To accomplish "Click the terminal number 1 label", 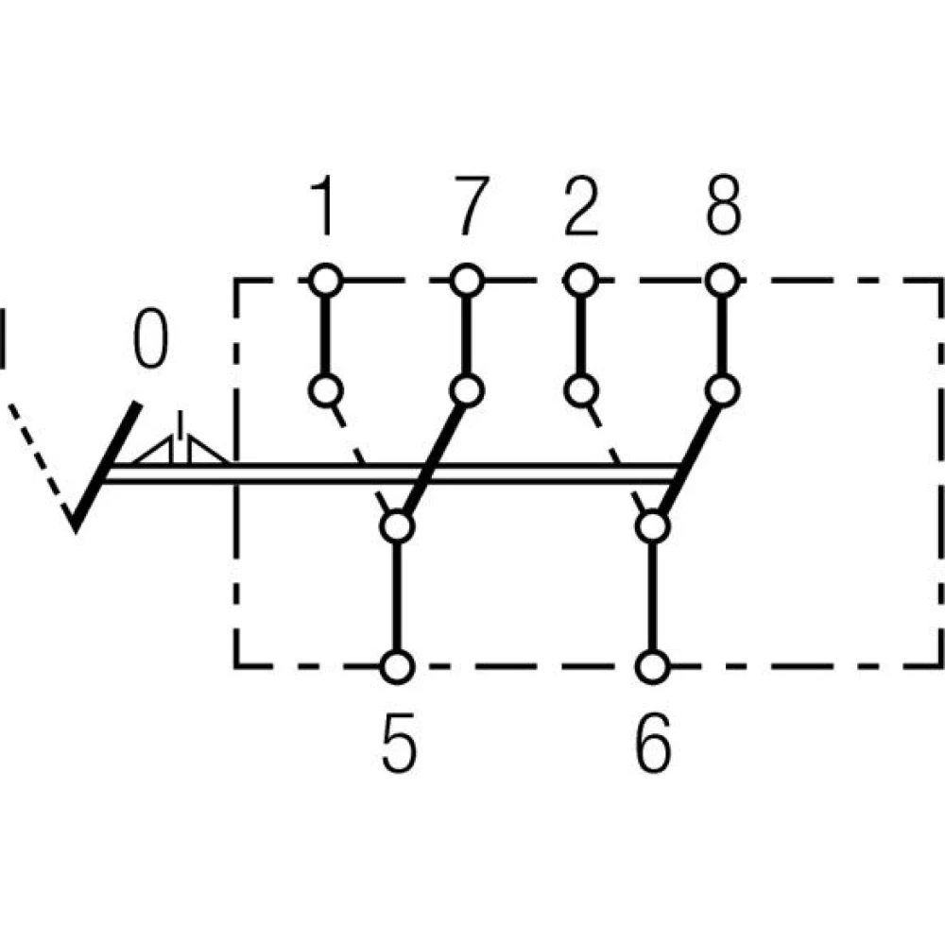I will [x=323, y=209].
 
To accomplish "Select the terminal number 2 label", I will [x=580, y=209].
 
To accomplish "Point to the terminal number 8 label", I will [x=723, y=209].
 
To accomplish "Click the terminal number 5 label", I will [x=398, y=743].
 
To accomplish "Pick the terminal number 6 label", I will [x=653, y=743].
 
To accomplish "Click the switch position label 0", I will [x=150, y=341].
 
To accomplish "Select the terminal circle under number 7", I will [x=467, y=280].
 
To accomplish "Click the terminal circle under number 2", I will [x=581, y=280].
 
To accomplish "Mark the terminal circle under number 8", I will [x=724, y=280].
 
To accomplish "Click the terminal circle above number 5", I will [x=398, y=666].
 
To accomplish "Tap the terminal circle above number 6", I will [x=652, y=666].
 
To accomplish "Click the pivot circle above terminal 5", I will [x=398, y=525].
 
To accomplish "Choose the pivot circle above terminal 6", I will [x=652, y=525].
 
